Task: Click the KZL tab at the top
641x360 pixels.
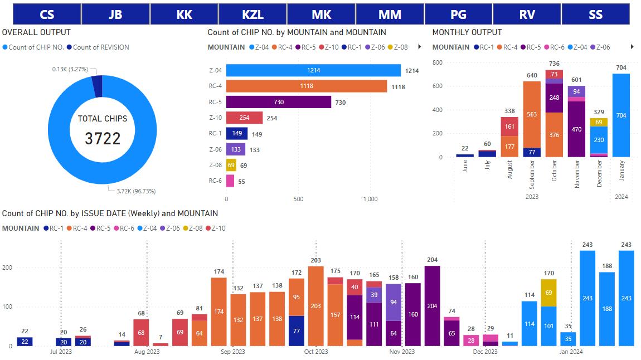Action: pyautogui.click(x=252, y=14)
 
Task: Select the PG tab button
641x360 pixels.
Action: pyautogui.click(x=458, y=14)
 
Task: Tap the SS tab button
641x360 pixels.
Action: pyautogui.click(x=595, y=14)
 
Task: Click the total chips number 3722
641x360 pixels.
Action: pyautogui.click(x=103, y=138)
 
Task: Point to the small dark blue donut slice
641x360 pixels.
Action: pyautogui.click(x=97, y=86)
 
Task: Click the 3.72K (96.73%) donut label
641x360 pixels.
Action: pyautogui.click(x=135, y=191)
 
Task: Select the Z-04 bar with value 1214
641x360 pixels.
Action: pyautogui.click(x=313, y=71)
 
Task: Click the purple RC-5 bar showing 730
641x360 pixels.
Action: pyautogui.click(x=278, y=103)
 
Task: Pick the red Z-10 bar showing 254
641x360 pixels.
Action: pyautogui.click(x=244, y=118)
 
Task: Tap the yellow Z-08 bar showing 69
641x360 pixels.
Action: pyautogui.click(x=231, y=166)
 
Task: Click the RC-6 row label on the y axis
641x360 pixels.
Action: pyautogui.click(x=215, y=181)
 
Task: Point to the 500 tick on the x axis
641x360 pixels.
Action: pyautogui.click(x=298, y=199)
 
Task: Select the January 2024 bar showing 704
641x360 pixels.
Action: pyautogui.click(x=621, y=115)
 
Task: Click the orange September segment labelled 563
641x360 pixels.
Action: pyautogui.click(x=532, y=115)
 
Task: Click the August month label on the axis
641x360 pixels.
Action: pyautogui.click(x=509, y=169)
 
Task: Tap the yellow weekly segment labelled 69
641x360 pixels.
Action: pyautogui.click(x=548, y=293)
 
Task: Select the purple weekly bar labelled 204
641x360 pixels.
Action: pyautogui.click(x=432, y=305)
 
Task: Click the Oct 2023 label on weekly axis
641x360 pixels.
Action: pyautogui.click(x=316, y=352)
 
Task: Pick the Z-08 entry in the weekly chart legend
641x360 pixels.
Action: pyautogui.click(x=195, y=228)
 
